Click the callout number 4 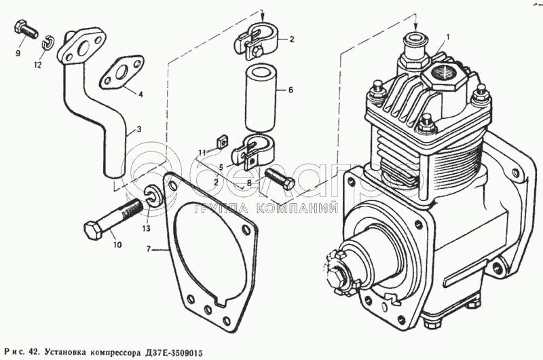[x=141, y=94]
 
